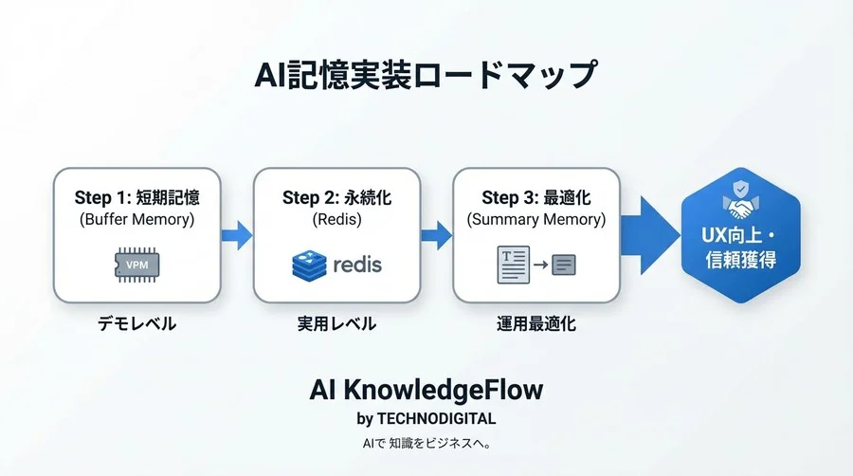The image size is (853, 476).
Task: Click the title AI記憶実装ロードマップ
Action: click(x=426, y=74)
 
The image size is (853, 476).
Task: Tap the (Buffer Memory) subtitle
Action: click(x=136, y=220)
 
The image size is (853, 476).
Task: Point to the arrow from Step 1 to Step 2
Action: click(x=237, y=233)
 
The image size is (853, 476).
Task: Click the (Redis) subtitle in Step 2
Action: click(x=336, y=220)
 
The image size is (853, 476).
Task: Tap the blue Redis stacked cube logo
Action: click(x=309, y=265)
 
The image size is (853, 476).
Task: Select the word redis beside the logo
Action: click(x=357, y=265)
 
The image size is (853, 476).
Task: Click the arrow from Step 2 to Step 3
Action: click(x=437, y=233)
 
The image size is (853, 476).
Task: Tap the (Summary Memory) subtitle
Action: click(x=536, y=220)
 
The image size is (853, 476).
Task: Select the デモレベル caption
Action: click(x=136, y=323)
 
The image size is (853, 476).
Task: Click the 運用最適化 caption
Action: click(x=536, y=323)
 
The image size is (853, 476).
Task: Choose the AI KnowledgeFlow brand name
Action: click(x=426, y=390)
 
